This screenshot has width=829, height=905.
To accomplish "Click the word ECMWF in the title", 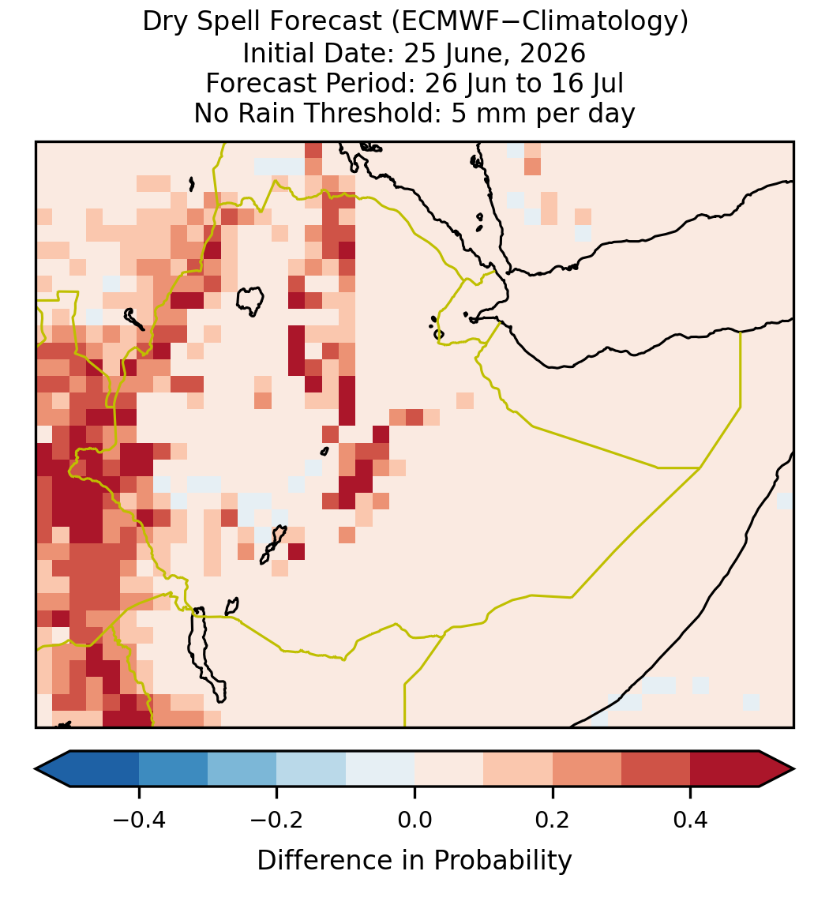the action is (x=441, y=22).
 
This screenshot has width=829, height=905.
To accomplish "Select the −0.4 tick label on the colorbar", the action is (x=139, y=820).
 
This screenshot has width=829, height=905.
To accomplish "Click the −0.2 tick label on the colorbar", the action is (x=277, y=820).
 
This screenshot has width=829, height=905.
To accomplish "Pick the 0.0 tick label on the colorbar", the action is (x=414, y=820).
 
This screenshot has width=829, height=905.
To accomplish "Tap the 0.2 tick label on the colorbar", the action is (x=553, y=820).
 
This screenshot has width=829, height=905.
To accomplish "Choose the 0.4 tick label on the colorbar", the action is (x=691, y=820).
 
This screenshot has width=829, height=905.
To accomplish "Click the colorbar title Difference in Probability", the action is (x=414, y=861).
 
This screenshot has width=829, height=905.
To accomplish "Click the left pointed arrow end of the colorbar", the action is (x=53, y=769).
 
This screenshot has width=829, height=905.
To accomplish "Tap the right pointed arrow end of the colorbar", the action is (x=777, y=769).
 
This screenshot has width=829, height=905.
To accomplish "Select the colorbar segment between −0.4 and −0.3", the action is (x=174, y=769).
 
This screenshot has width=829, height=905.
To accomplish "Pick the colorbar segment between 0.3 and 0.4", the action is (x=656, y=769).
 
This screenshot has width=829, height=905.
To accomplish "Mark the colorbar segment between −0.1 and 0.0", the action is (x=381, y=769).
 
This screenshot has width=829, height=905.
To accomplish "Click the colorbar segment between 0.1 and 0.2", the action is (x=518, y=769).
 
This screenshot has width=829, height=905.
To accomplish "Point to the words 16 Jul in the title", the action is (x=590, y=83).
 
